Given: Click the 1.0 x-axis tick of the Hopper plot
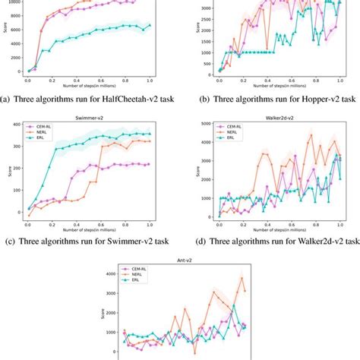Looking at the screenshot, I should [331, 80].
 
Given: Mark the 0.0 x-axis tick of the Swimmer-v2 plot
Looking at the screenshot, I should [28, 224].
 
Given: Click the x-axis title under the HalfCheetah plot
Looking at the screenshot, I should [89, 87].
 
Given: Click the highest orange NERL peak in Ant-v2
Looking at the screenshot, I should [242, 277].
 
